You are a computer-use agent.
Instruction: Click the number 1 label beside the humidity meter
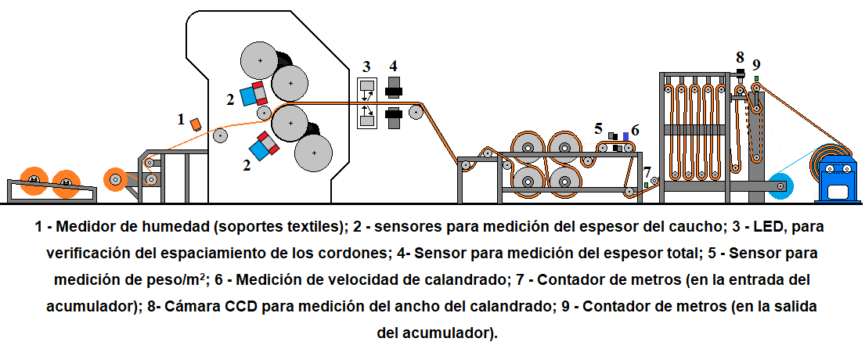point(181,120)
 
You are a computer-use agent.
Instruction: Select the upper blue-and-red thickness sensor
point(254,94)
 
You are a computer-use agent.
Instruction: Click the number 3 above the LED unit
point(366,66)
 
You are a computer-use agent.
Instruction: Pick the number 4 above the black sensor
point(393,65)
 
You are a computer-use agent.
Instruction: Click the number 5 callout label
point(599,128)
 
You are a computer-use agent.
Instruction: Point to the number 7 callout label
point(647,171)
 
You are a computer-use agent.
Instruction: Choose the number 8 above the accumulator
point(740,57)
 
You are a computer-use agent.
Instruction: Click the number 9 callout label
point(756,64)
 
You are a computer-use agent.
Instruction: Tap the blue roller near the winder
point(781,186)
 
